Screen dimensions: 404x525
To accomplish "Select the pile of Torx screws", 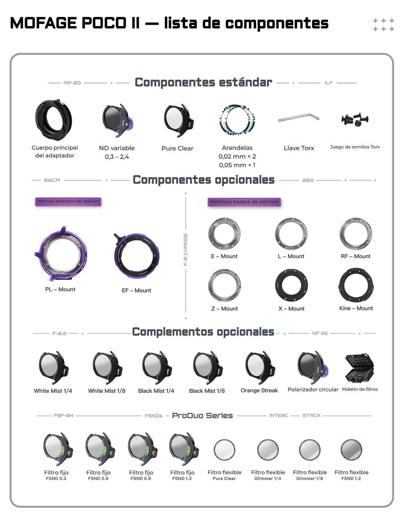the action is (x=355, y=119).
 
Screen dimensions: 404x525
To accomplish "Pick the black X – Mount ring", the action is (x=278, y=285).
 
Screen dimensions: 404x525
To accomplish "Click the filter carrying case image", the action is (x=359, y=368).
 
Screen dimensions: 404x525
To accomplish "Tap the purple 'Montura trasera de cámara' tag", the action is (x=244, y=202).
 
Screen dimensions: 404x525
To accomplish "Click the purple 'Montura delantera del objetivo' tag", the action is (x=68, y=201).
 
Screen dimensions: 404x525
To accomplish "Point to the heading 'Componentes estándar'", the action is (x=203, y=82).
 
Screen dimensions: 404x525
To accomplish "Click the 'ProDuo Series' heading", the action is (x=202, y=416).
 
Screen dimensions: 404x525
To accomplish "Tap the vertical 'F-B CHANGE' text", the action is (x=186, y=250).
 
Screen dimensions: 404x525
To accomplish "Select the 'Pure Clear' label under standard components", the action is (x=177, y=148).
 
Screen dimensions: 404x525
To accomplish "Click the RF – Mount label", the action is (x=356, y=256).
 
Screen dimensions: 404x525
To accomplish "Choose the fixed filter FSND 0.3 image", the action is (x=58, y=449).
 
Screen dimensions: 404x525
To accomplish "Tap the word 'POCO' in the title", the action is (x=104, y=23).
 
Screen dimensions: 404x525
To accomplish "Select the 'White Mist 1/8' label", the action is (x=107, y=391).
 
